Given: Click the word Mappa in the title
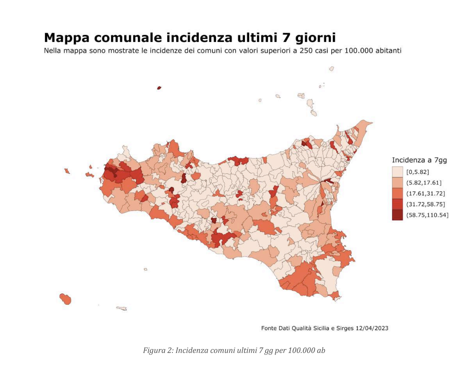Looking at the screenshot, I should [67, 38].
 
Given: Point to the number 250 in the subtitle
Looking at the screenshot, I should [306, 51].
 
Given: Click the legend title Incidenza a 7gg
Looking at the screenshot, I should [419, 160].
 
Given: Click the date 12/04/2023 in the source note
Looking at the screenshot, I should [372, 328].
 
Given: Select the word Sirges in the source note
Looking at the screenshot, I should [344, 328].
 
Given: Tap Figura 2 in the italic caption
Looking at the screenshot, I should [157, 350].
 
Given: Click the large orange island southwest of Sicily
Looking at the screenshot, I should [66, 299].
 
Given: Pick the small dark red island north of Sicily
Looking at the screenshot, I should [159, 88].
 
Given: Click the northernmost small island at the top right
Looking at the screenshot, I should [332, 69].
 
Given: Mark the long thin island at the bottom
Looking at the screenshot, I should [122, 308].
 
